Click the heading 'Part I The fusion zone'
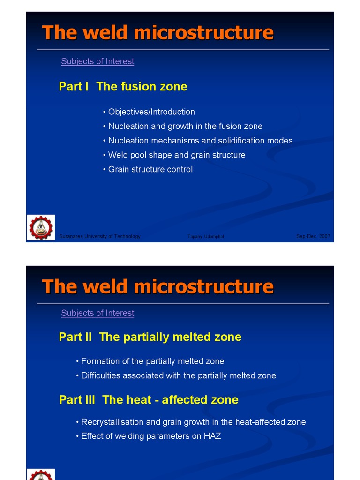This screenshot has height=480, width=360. pyautogui.click(x=123, y=87)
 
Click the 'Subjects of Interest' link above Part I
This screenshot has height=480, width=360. pyautogui.click(x=97, y=61)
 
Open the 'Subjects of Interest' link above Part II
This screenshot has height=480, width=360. pyautogui.click(x=97, y=313)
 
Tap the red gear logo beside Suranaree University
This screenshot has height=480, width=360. pyautogui.click(x=41, y=228)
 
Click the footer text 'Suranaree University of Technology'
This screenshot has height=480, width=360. pyautogui.click(x=100, y=236)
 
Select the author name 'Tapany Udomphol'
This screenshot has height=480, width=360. pyautogui.click(x=205, y=237)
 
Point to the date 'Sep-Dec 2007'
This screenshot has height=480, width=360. pyautogui.click(x=313, y=236)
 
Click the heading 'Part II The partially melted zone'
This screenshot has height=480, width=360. pyautogui.click(x=150, y=337)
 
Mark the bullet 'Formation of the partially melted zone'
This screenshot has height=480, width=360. pyautogui.click(x=152, y=361)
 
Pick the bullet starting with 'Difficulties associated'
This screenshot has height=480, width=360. pyautogui.click(x=178, y=375)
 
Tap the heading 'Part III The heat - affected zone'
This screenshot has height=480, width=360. pyautogui.click(x=149, y=400)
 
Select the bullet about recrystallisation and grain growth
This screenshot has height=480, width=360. pyautogui.click(x=193, y=422)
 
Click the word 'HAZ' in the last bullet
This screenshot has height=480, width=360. pyautogui.click(x=212, y=436)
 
